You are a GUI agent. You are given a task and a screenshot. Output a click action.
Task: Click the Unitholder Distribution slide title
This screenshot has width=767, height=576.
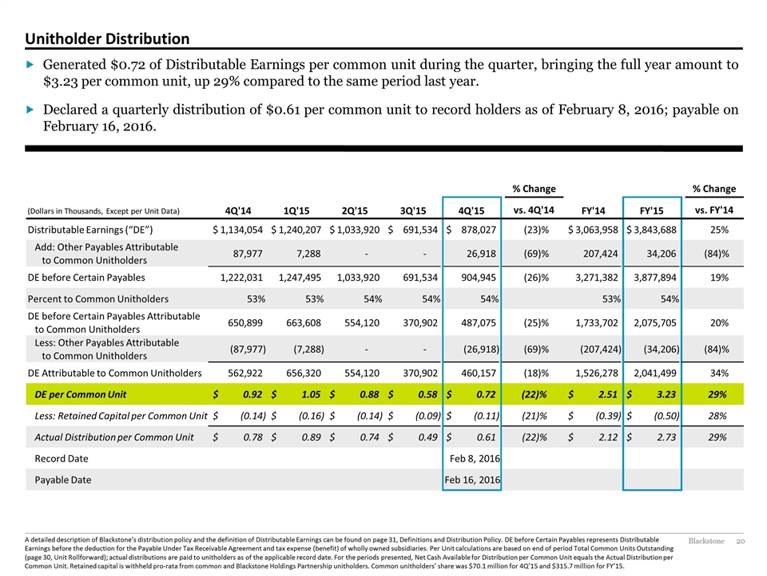tap(107, 38)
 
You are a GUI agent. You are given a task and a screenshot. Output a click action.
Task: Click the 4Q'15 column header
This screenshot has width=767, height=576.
tap(471, 210)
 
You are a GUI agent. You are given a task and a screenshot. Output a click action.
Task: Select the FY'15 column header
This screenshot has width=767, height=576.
tap(652, 210)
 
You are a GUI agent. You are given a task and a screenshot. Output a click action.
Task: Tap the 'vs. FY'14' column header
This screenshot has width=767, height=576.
tap(713, 210)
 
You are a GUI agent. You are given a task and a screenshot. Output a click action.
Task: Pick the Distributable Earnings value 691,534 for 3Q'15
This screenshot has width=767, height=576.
tap(419, 230)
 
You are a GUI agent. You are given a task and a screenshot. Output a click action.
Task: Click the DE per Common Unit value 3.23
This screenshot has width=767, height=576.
tap(666, 394)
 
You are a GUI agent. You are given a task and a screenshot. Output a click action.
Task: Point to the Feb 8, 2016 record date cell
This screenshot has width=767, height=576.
tap(475, 458)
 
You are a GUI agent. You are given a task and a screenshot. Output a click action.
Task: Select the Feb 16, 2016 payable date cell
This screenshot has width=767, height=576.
tap(472, 480)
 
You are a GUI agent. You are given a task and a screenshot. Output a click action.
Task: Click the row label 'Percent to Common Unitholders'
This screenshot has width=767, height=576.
tap(97, 298)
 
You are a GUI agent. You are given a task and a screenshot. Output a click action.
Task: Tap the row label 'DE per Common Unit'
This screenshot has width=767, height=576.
tap(80, 394)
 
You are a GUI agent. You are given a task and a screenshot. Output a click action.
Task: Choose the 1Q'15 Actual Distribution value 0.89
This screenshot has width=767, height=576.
tap(311, 438)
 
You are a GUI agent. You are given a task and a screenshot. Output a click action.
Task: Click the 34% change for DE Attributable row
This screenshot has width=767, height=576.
tap(719, 374)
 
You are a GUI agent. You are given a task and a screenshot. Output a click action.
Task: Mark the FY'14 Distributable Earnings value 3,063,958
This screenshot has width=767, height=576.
tap(593, 230)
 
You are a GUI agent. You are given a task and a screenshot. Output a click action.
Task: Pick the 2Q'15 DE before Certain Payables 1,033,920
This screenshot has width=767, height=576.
tap(358, 278)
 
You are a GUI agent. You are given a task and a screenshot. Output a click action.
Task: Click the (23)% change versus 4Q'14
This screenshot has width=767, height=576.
tap(536, 230)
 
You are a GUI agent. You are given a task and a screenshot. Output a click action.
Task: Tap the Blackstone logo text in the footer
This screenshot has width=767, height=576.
tap(706, 542)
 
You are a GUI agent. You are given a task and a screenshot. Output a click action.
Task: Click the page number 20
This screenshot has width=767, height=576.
tap(740, 542)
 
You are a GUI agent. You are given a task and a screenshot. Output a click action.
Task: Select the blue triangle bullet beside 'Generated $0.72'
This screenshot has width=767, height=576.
tap(30, 64)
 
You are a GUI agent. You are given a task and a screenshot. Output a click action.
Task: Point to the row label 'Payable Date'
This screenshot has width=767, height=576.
tap(62, 480)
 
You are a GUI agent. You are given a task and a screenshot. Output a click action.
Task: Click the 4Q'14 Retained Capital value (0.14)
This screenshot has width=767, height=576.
tap(253, 416)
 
